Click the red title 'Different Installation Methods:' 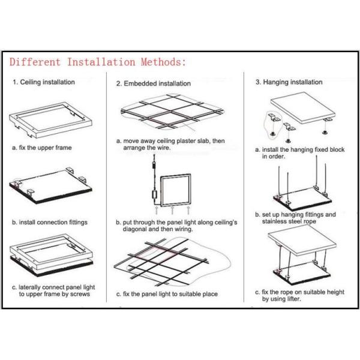pos(97,61)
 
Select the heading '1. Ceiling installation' pos(44,82)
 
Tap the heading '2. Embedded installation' pos(153,83)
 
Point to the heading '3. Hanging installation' pos(289,82)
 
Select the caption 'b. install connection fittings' pos(50,222)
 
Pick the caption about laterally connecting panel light pos(51,291)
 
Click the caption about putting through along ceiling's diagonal pos(176,225)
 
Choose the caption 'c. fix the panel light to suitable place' pos(166,294)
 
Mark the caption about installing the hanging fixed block pos(299,153)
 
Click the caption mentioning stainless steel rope pos(295,218)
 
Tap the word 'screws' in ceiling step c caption pos(80,295)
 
